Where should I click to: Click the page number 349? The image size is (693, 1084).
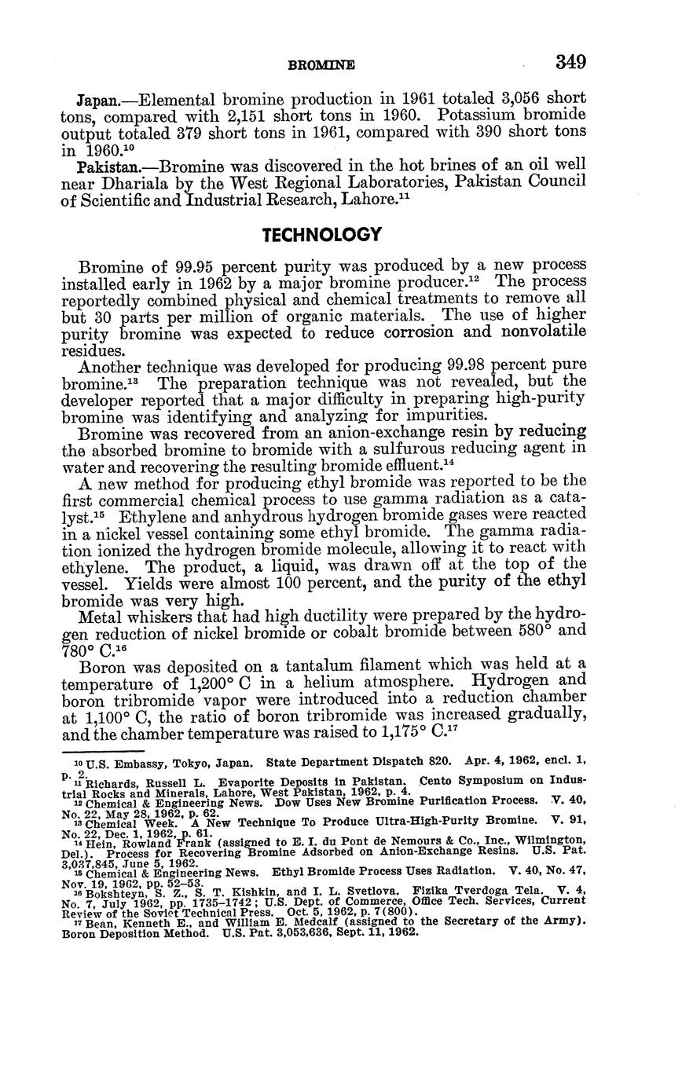click(x=570, y=62)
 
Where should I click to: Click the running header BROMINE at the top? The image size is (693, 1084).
click(x=322, y=65)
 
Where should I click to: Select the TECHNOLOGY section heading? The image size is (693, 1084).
click(x=322, y=235)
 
